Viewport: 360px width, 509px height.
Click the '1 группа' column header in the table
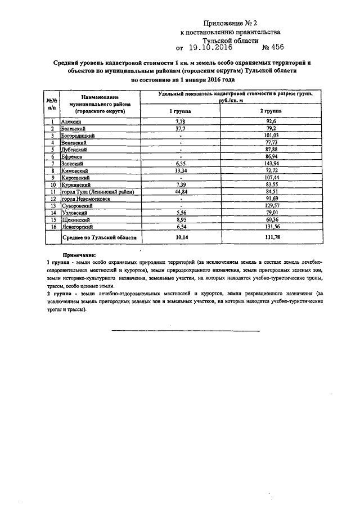coord(180,112)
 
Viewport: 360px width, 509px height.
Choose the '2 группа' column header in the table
coord(270,112)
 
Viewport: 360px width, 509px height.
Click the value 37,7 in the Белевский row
coord(180,128)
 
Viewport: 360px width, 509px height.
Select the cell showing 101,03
coord(270,136)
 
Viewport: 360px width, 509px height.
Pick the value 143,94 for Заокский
coord(270,164)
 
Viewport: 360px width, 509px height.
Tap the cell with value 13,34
coord(180,170)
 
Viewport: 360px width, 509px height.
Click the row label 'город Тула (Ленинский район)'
coord(97,192)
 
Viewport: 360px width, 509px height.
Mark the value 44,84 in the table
coord(180,192)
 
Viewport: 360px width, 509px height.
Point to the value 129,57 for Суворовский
coord(270,206)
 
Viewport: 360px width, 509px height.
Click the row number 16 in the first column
coord(52,227)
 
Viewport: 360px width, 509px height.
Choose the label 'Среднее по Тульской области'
coord(100,238)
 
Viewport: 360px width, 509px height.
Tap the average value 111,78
coord(270,238)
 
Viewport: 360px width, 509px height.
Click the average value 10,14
coord(180,238)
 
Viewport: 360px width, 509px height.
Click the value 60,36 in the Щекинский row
coord(270,220)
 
